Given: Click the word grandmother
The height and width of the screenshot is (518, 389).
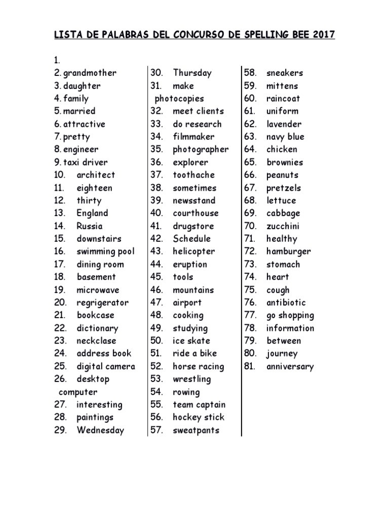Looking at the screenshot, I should [90, 73].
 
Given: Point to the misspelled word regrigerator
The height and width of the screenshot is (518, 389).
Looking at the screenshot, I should [102, 303].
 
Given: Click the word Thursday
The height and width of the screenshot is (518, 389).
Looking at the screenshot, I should [192, 73].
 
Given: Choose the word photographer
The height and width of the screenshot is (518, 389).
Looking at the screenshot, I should [201, 149].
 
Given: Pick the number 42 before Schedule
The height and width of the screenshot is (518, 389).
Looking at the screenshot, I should [156, 239].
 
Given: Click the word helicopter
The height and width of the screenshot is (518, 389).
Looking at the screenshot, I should [193, 251].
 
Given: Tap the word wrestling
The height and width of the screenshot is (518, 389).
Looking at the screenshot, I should [191, 379].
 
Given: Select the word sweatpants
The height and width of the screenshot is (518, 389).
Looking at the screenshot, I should [196, 430].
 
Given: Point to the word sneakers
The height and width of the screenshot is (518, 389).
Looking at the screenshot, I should [285, 73].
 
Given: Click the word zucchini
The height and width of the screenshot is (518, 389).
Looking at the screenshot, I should [283, 226].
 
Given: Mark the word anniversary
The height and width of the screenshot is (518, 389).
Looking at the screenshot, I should [290, 367].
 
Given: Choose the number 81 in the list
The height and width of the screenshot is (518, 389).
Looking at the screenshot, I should [249, 366].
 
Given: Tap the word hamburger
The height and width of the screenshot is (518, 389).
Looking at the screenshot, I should [289, 251].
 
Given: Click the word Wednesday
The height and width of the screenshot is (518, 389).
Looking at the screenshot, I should [100, 430].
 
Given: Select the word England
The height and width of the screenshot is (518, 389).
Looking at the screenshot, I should [92, 213].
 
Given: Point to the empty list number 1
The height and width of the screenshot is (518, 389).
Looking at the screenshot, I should [57, 60].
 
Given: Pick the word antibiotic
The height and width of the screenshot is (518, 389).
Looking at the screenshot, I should [286, 303].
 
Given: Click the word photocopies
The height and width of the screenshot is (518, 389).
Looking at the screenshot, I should [179, 99].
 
